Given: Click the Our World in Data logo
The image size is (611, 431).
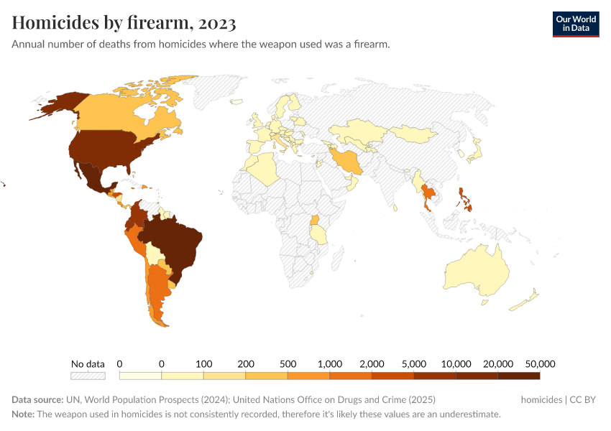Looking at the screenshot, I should point(575,24).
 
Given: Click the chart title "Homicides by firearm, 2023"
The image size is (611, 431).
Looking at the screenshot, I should point(124,23).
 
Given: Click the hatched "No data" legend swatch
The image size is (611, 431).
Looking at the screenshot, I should point(88,375).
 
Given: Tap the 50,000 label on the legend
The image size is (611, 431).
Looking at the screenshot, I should point(540,363).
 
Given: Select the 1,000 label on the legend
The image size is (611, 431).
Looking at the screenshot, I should point(329,363).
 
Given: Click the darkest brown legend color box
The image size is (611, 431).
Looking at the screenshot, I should point(518,375).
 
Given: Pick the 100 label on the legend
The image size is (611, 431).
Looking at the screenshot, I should point(203,363).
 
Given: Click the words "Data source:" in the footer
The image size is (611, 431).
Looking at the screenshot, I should point(37,399).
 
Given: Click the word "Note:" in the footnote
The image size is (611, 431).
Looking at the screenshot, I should point(23,414).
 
